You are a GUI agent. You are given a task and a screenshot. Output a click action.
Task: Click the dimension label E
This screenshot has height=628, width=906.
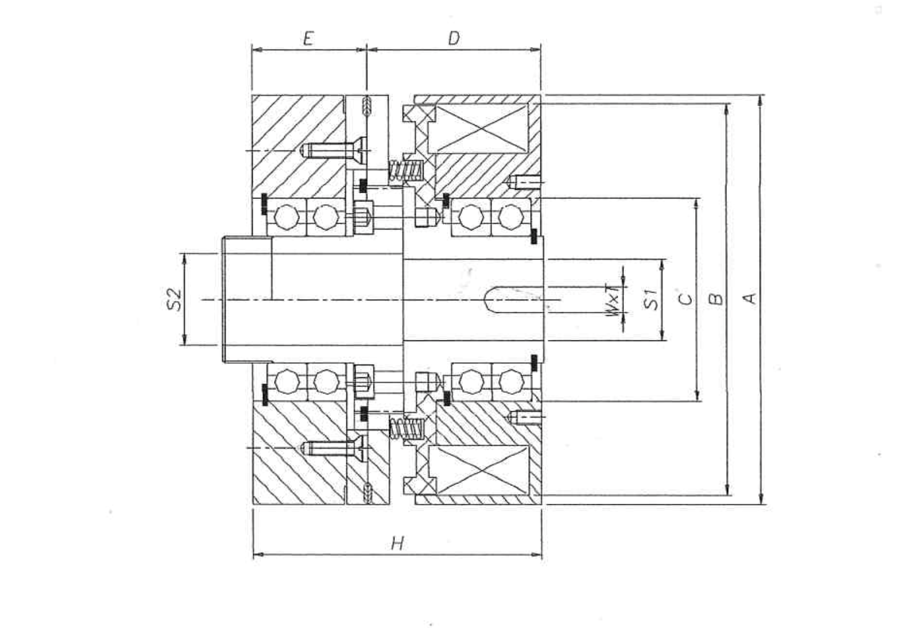coord(309,39)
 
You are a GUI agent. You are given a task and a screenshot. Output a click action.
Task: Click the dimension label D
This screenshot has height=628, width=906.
coord(454,39)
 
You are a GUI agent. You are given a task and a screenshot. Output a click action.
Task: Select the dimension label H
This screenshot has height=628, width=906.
coord(397,543)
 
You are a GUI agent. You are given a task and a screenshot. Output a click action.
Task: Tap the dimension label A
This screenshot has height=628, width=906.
coord(749,298)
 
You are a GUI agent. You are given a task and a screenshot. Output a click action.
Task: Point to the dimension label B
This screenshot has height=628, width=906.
coord(716,299)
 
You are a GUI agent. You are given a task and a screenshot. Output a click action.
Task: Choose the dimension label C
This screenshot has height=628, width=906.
coord(686,299)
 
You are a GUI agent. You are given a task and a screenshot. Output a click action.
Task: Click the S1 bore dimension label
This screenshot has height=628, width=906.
coord(651,300)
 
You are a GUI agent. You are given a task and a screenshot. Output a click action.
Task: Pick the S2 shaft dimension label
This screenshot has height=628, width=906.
coord(174,300)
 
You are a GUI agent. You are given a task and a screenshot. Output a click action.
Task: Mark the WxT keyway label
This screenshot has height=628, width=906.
coord(613,300)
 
